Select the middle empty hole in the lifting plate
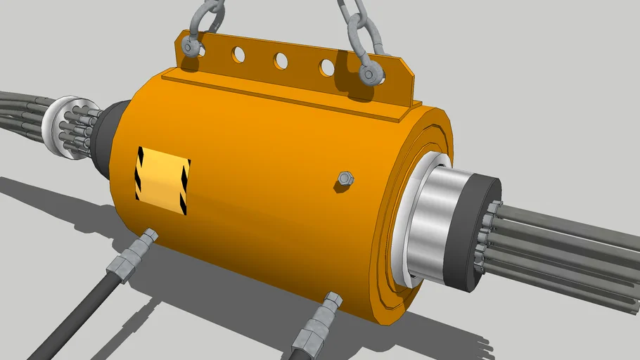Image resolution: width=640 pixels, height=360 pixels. tap(281, 60)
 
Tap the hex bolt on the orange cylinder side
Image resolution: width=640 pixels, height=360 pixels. tap(344, 179)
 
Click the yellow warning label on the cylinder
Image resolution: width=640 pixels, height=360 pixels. tap(162, 179)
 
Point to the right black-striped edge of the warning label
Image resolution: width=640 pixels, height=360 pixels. tap(185, 188)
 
